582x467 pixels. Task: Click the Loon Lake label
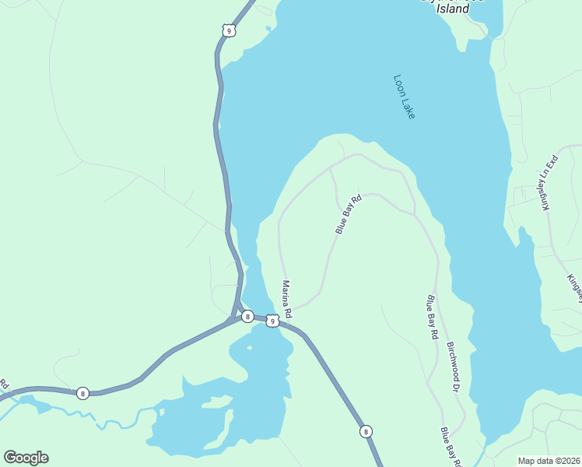pyautogui.click(x=405, y=97)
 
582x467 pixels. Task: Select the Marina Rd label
pyautogui.click(x=286, y=299)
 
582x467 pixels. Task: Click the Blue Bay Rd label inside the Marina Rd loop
pyautogui.click(x=349, y=215)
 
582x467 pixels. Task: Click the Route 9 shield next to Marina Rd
pyautogui.click(x=272, y=321)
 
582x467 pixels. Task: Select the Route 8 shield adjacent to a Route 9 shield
pyautogui.click(x=247, y=316)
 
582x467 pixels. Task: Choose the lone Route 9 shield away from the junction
pyautogui.click(x=226, y=30)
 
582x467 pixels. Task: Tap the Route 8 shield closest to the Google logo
pyautogui.click(x=82, y=393)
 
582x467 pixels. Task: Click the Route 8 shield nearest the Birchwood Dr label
pyautogui.click(x=366, y=430)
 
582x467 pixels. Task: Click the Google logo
pyautogui.click(x=26, y=458)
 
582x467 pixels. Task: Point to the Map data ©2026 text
pyautogui.click(x=549, y=461)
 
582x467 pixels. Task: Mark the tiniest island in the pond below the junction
pyautogui.click(x=249, y=348)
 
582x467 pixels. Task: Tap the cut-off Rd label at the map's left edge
pyautogui.click(x=4, y=384)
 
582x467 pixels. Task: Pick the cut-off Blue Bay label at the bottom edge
pyautogui.click(x=451, y=447)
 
